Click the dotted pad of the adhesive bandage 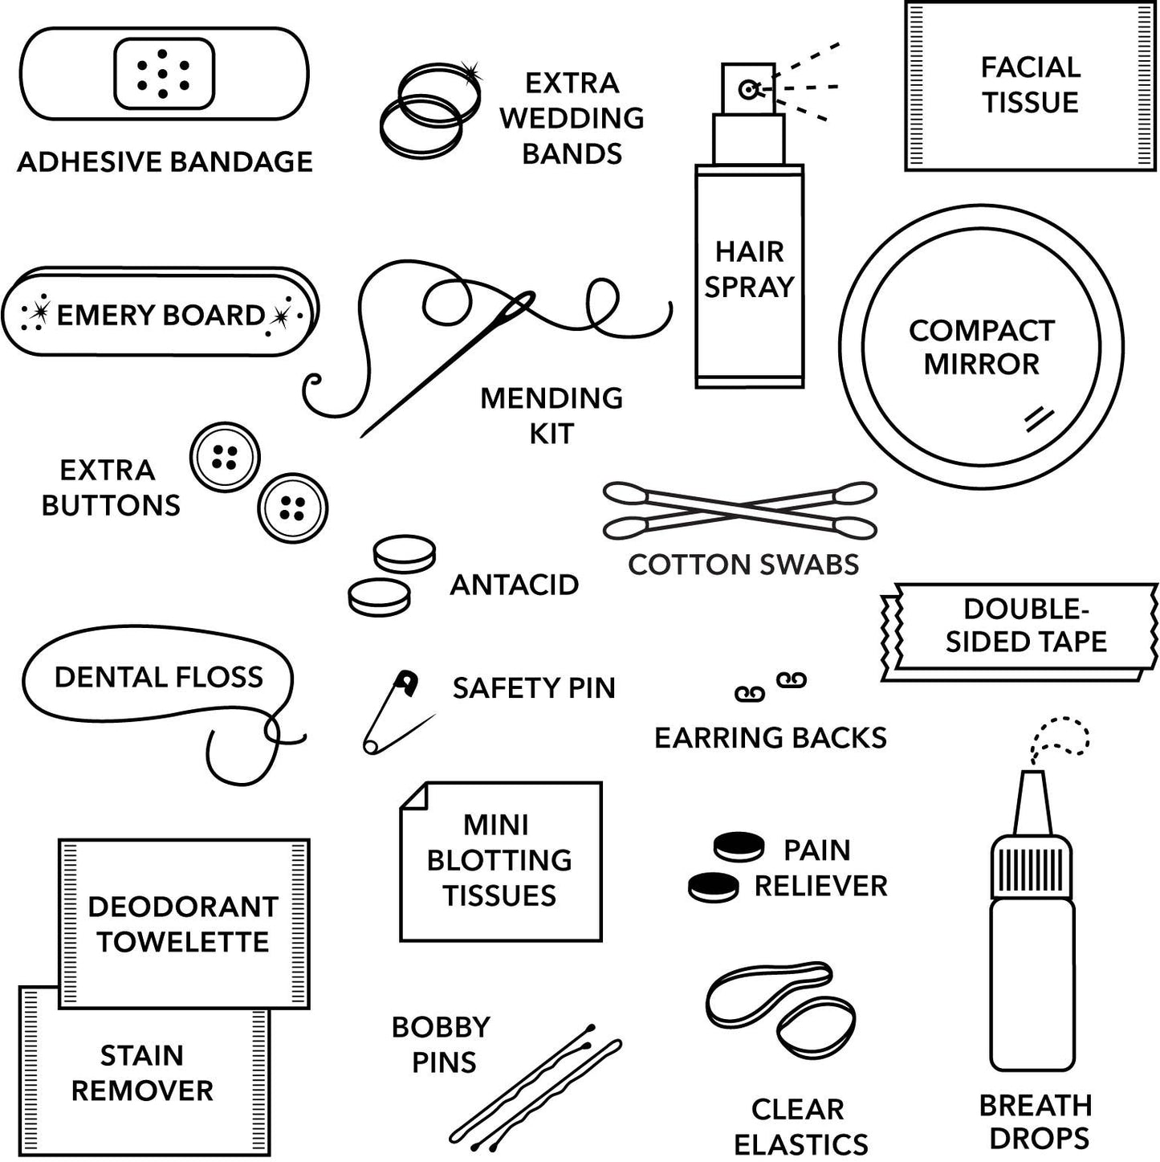pyautogui.click(x=164, y=73)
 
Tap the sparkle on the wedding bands pyautogui.click(x=470, y=73)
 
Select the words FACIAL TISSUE pyautogui.click(x=1030, y=84)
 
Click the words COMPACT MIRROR pyautogui.click(x=981, y=347)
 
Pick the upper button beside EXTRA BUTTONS pyautogui.click(x=225, y=457)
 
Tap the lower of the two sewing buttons pyautogui.click(x=292, y=508)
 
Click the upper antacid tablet pyautogui.click(x=404, y=554)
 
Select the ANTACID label pyautogui.click(x=514, y=585)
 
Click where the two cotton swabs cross pyautogui.click(x=740, y=510)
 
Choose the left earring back pyautogui.click(x=750, y=693)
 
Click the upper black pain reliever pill pyautogui.click(x=739, y=846)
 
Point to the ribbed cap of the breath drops pyautogui.click(x=1032, y=869)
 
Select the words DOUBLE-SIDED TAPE pyautogui.click(x=1025, y=626)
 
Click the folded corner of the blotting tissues pyautogui.click(x=415, y=797)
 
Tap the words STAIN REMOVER pyautogui.click(x=142, y=1073)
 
